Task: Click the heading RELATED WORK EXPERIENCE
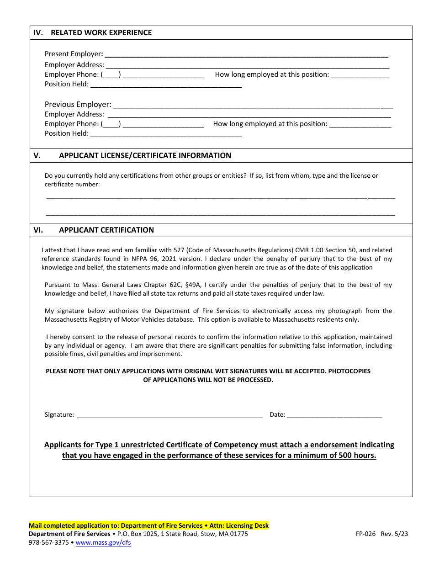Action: (101, 33)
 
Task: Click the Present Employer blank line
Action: (247, 55)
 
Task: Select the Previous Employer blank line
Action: (253, 105)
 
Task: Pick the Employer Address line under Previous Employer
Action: (249, 115)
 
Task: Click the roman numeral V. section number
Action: (37, 155)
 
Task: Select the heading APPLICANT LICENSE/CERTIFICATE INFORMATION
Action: (145, 155)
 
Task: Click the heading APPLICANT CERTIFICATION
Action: (106, 230)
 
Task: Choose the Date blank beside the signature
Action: (334, 415)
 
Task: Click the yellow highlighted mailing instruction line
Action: (149, 525)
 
